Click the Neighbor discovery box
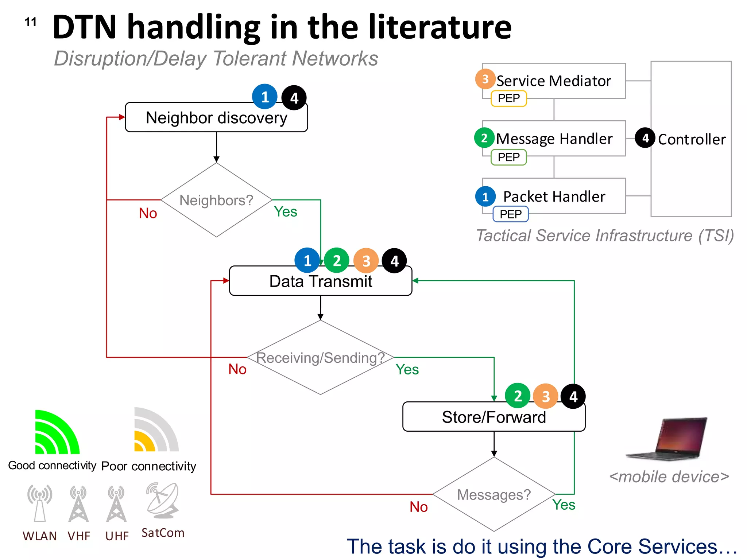click(x=216, y=117)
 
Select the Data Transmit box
click(x=321, y=281)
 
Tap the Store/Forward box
click(x=494, y=417)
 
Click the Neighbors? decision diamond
click(x=216, y=200)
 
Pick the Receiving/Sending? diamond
click(x=320, y=358)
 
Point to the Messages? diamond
click(x=494, y=495)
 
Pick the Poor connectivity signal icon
click(x=156, y=430)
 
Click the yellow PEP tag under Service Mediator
click(x=508, y=98)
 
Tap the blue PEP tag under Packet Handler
click(x=510, y=214)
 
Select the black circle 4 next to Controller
click(x=645, y=138)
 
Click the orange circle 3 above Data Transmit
click(x=366, y=261)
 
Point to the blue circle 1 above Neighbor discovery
click(x=265, y=97)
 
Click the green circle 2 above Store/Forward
click(x=517, y=396)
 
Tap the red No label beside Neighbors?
click(x=148, y=213)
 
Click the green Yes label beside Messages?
click(x=564, y=505)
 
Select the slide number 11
click(x=31, y=22)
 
